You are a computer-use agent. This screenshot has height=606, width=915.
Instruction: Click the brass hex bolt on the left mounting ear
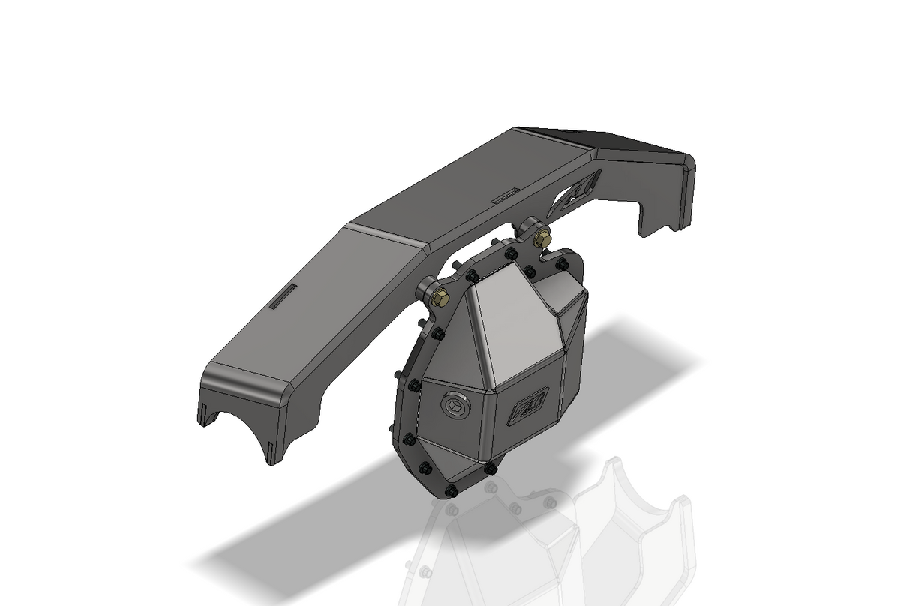[x=442, y=297]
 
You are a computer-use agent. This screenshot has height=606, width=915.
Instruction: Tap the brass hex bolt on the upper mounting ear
[x=543, y=238]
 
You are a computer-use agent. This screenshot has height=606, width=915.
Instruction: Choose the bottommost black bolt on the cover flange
[x=451, y=491]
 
